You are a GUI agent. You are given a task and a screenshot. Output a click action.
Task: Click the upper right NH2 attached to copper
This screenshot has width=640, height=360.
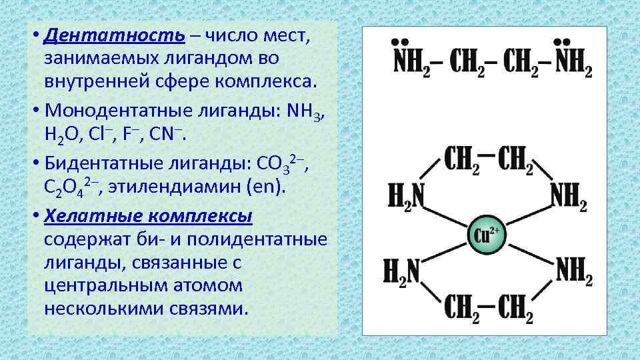pyautogui.click(x=569, y=196)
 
